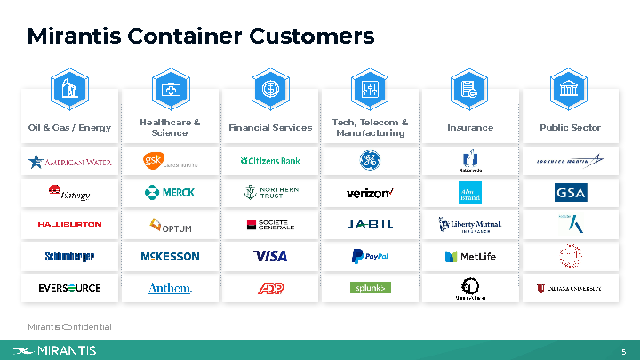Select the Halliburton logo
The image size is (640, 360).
pos(69,225)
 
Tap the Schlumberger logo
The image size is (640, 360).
pos(69,257)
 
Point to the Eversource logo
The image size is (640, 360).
pos(69,288)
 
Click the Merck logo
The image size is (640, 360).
pos(170,193)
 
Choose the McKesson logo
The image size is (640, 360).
pos(170,257)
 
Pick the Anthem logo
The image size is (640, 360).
pos(170,288)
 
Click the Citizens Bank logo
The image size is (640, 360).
pos(270,161)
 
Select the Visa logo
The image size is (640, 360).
pos(270,257)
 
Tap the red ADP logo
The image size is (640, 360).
pos(270,288)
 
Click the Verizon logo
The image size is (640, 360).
pos(370,193)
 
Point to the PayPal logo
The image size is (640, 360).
pos(370,257)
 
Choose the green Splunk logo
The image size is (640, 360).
pos(370,288)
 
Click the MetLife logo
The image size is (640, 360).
pos(470,257)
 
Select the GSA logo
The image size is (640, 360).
pos(570,193)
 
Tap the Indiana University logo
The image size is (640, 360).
pos(570,288)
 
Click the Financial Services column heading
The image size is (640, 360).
pos(270,127)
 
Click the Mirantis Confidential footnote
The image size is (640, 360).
pos(69,327)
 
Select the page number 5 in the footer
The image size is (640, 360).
pos(624,351)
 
